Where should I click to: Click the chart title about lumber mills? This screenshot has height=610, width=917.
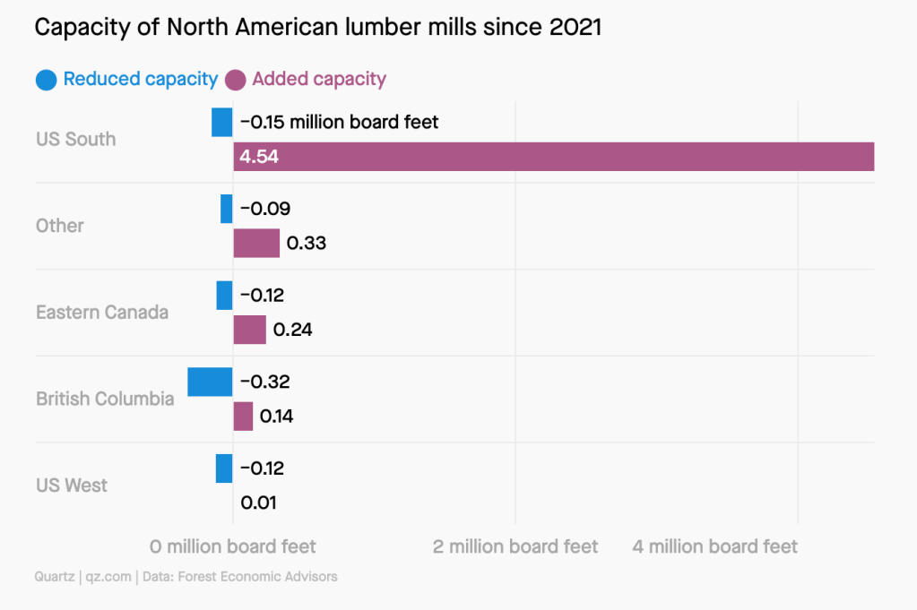pos(317,28)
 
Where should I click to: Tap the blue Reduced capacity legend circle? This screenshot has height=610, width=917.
pos(47,80)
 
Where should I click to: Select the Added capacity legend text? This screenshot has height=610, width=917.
pos(319,79)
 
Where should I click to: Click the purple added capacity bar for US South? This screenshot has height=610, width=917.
pos(553,157)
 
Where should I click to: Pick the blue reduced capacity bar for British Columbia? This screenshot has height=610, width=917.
pos(210,382)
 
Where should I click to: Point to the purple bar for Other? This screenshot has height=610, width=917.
pos(256,243)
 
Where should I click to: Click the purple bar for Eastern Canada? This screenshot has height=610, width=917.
pos(249,330)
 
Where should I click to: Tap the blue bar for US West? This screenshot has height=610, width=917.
pos(224,468)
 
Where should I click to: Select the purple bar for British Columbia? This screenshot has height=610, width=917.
pos(243,417)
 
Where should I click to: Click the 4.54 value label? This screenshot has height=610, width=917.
pos(257,157)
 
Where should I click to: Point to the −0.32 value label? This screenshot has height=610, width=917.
pos(265,382)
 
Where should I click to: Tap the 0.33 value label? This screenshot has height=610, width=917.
pos(306,243)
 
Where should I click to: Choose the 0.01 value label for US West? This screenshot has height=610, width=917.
pos(258,503)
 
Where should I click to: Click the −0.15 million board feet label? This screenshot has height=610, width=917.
pos(340,122)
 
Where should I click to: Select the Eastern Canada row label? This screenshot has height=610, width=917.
pos(102,313)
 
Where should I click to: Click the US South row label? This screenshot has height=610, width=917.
pos(76,139)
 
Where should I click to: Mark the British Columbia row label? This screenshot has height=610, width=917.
pos(105,399)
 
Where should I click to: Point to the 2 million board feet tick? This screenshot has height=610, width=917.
pos(515,546)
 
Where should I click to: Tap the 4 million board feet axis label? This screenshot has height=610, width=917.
pos(714,546)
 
